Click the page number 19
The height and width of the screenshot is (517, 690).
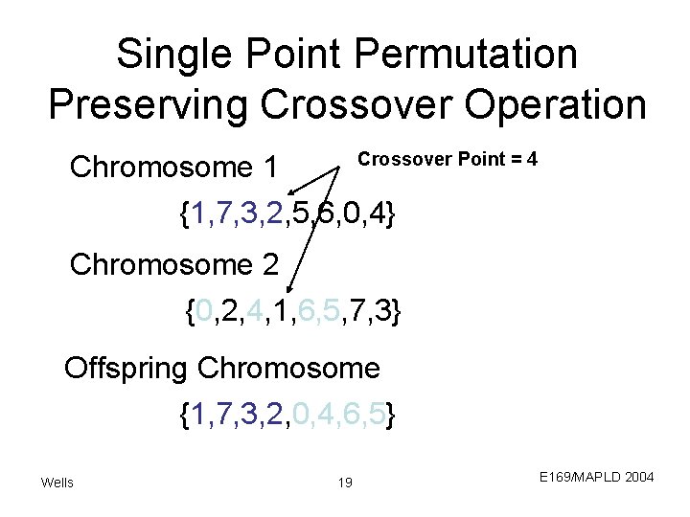345,482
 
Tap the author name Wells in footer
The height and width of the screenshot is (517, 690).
57,482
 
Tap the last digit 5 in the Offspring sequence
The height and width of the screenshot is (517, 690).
380,416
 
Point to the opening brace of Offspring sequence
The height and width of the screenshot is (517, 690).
184,416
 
